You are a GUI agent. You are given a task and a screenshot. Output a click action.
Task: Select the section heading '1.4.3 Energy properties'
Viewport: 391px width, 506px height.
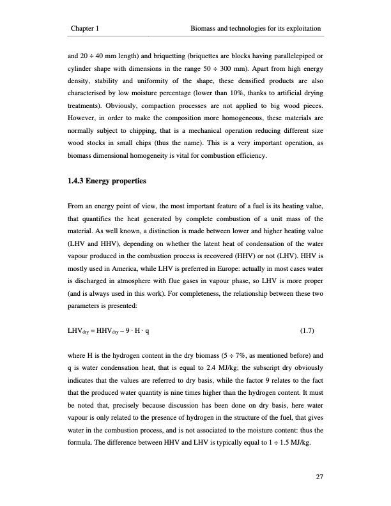click(107, 182)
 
